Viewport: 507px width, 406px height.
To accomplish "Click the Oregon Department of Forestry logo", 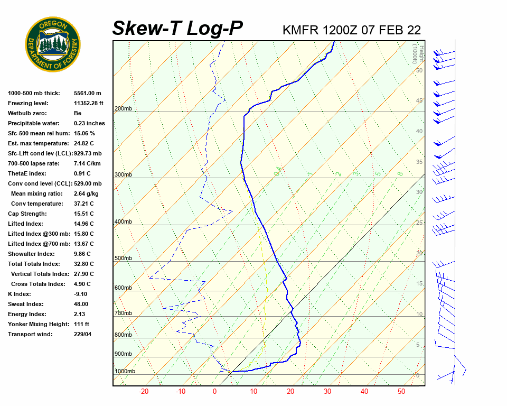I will point(53,44).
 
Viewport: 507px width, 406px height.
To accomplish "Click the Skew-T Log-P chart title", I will point(178,29).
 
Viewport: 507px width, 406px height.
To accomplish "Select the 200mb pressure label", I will point(123,109).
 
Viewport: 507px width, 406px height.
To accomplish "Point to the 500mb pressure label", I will point(123,259).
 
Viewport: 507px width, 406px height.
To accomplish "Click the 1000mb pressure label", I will point(125,372).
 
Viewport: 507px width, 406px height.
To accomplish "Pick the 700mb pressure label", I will point(123,313).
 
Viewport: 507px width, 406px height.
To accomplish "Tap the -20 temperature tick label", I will point(144,392).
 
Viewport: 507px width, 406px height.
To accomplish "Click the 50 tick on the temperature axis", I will point(401,392).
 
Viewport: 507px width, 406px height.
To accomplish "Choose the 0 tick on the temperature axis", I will point(215,392).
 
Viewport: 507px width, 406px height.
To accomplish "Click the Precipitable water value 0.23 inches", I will point(89,124).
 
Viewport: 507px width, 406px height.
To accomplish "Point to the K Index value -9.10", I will point(80,294).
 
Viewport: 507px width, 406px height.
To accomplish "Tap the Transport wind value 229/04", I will point(82,335).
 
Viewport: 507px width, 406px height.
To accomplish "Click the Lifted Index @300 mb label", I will point(36,234).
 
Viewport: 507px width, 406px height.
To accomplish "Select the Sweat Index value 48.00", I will point(81,304).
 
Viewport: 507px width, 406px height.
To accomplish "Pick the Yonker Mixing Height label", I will point(36,325).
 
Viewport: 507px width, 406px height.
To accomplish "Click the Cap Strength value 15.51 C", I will point(83,214).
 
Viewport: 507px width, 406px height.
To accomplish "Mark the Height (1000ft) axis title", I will point(415,53).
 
